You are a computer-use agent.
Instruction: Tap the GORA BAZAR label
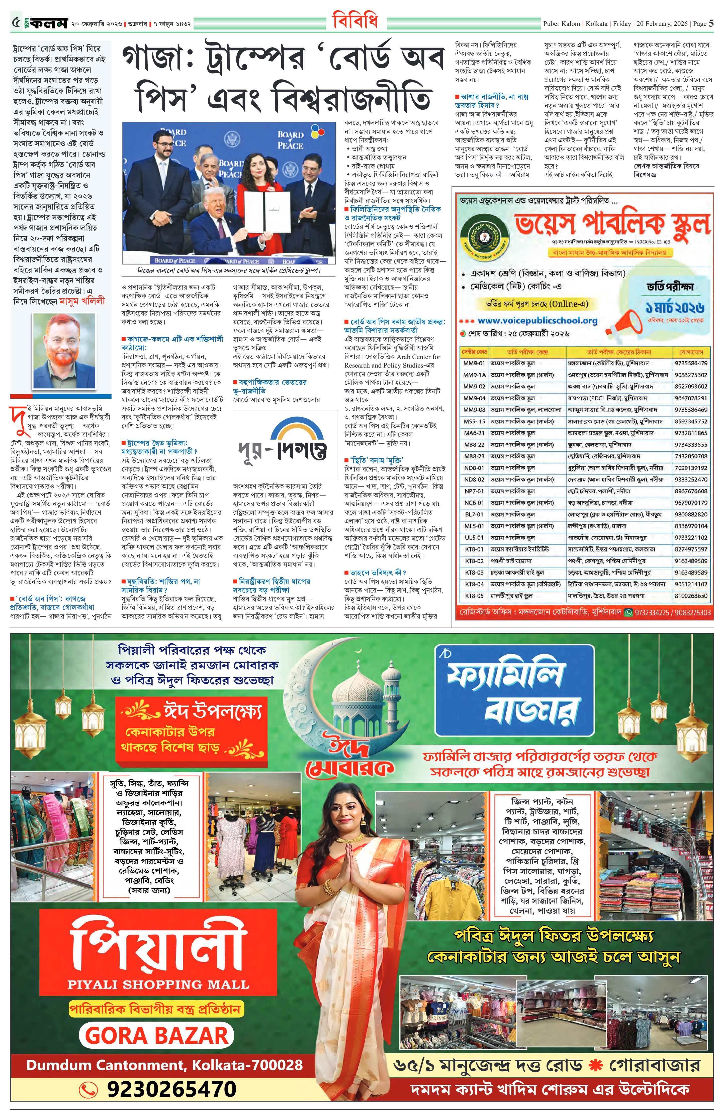157,1036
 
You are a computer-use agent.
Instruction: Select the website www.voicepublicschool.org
537,320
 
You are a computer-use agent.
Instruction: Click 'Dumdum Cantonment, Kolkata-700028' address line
164,1065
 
